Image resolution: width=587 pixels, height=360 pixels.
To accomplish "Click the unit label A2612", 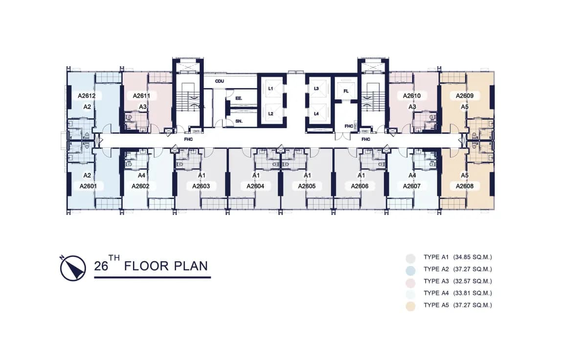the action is tap(87, 96).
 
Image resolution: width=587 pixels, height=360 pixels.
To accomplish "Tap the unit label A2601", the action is tap(89, 186).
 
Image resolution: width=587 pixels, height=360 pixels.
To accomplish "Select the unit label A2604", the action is tap(255, 186).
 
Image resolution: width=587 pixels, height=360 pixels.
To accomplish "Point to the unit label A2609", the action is tap(465, 96).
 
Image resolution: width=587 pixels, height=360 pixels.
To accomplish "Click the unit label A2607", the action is tap(412, 186).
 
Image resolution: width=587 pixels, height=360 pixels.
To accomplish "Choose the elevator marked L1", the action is tap(271, 89).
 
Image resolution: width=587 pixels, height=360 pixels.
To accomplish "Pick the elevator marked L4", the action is tap(316, 113).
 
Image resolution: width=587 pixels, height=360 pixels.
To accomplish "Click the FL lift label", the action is tap(346, 91).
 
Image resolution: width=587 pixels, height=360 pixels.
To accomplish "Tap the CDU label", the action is tap(219, 81).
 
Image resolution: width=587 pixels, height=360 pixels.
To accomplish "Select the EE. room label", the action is tap(239, 98).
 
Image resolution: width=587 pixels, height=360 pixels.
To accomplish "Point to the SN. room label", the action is tap(239, 121).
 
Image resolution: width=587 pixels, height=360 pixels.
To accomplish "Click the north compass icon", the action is tap(73, 268).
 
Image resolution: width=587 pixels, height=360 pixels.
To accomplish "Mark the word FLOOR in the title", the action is tap(146, 266).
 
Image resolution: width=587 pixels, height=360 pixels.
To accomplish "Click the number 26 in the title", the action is tap(101, 266).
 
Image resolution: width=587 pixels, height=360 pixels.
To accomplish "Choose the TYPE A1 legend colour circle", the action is tap(410, 258).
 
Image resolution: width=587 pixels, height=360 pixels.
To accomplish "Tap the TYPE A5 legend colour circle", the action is tap(410, 306).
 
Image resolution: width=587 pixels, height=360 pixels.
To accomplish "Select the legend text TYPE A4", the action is tap(436, 293).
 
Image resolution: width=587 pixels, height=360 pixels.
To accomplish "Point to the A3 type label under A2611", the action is tap(143, 107).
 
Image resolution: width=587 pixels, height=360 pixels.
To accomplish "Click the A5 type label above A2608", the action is tap(465, 175).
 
